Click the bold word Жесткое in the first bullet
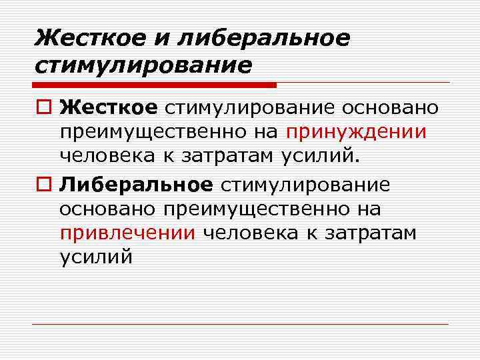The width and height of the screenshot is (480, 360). click(x=108, y=107)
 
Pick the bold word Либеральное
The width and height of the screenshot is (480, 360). click(x=135, y=183)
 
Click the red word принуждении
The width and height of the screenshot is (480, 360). click(x=357, y=131)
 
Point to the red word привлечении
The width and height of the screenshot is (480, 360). click(x=127, y=233)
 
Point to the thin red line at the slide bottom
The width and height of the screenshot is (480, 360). click(x=240, y=324)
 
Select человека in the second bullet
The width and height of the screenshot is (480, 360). click(x=256, y=233)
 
